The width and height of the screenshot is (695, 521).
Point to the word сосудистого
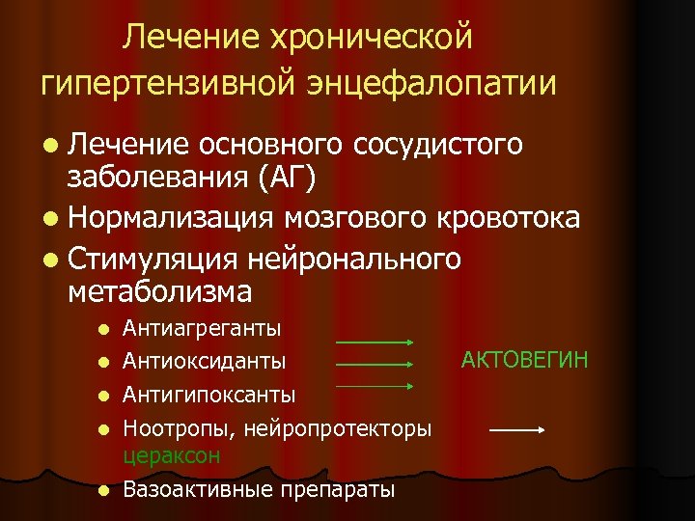tap(438, 145)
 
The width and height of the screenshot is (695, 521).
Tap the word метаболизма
tap(160, 289)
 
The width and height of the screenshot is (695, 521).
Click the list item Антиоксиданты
tap(205, 361)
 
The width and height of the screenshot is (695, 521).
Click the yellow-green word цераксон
tap(172, 454)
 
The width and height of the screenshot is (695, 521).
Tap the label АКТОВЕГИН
tap(524, 360)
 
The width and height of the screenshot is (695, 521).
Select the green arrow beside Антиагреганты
tap(375, 343)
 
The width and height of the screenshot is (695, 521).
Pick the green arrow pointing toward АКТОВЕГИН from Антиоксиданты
tap(375, 365)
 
